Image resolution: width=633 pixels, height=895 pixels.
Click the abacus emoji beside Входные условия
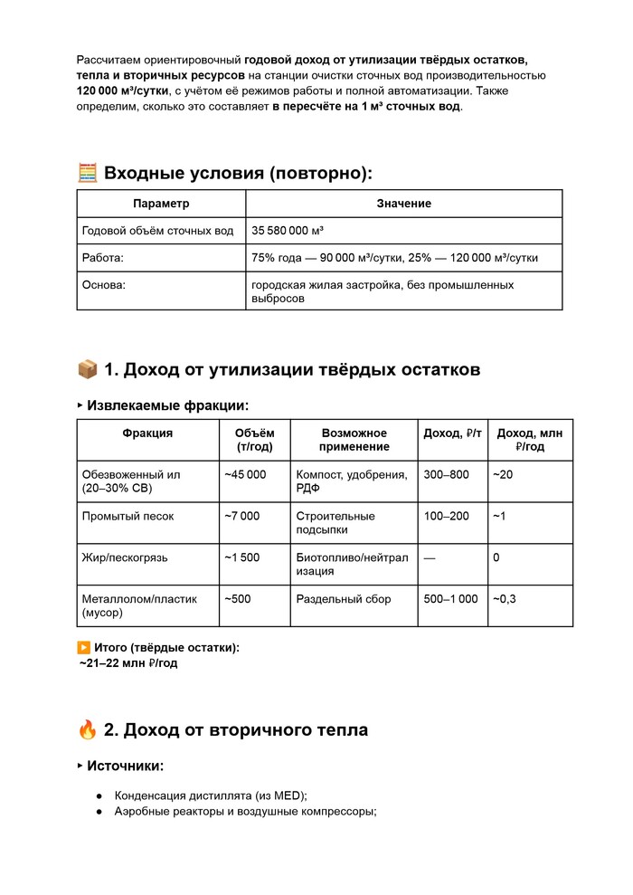click(x=88, y=173)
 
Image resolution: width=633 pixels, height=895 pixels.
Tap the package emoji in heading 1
click(x=88, y=369)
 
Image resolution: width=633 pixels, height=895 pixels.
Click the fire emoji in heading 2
click(x=88, y=729)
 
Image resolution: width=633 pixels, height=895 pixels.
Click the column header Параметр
click(x=161, y=204)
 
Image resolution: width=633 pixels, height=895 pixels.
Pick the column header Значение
click(x=403, y=204)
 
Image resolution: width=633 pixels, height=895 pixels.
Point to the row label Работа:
click(x=102, y=258)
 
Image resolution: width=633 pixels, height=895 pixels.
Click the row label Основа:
click(x=103, y=285)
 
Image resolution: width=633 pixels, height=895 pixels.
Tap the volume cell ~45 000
click(x=245, y=474)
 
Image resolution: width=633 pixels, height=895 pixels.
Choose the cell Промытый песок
click(x=128, y=516)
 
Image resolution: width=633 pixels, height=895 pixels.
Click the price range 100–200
click(x=446, y=516)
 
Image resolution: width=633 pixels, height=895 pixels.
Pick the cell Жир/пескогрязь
click(x=125, y=557)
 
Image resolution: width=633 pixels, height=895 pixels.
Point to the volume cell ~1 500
click(x=241, y=557)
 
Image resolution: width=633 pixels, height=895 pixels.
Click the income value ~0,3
click(x=505, y=599)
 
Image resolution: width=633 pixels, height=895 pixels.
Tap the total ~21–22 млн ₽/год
click(x=128, y=663)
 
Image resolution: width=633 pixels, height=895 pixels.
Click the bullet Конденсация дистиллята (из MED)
click(x=211, y=795)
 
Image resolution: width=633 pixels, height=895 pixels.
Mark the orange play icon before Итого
click(x=83, y=648)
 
